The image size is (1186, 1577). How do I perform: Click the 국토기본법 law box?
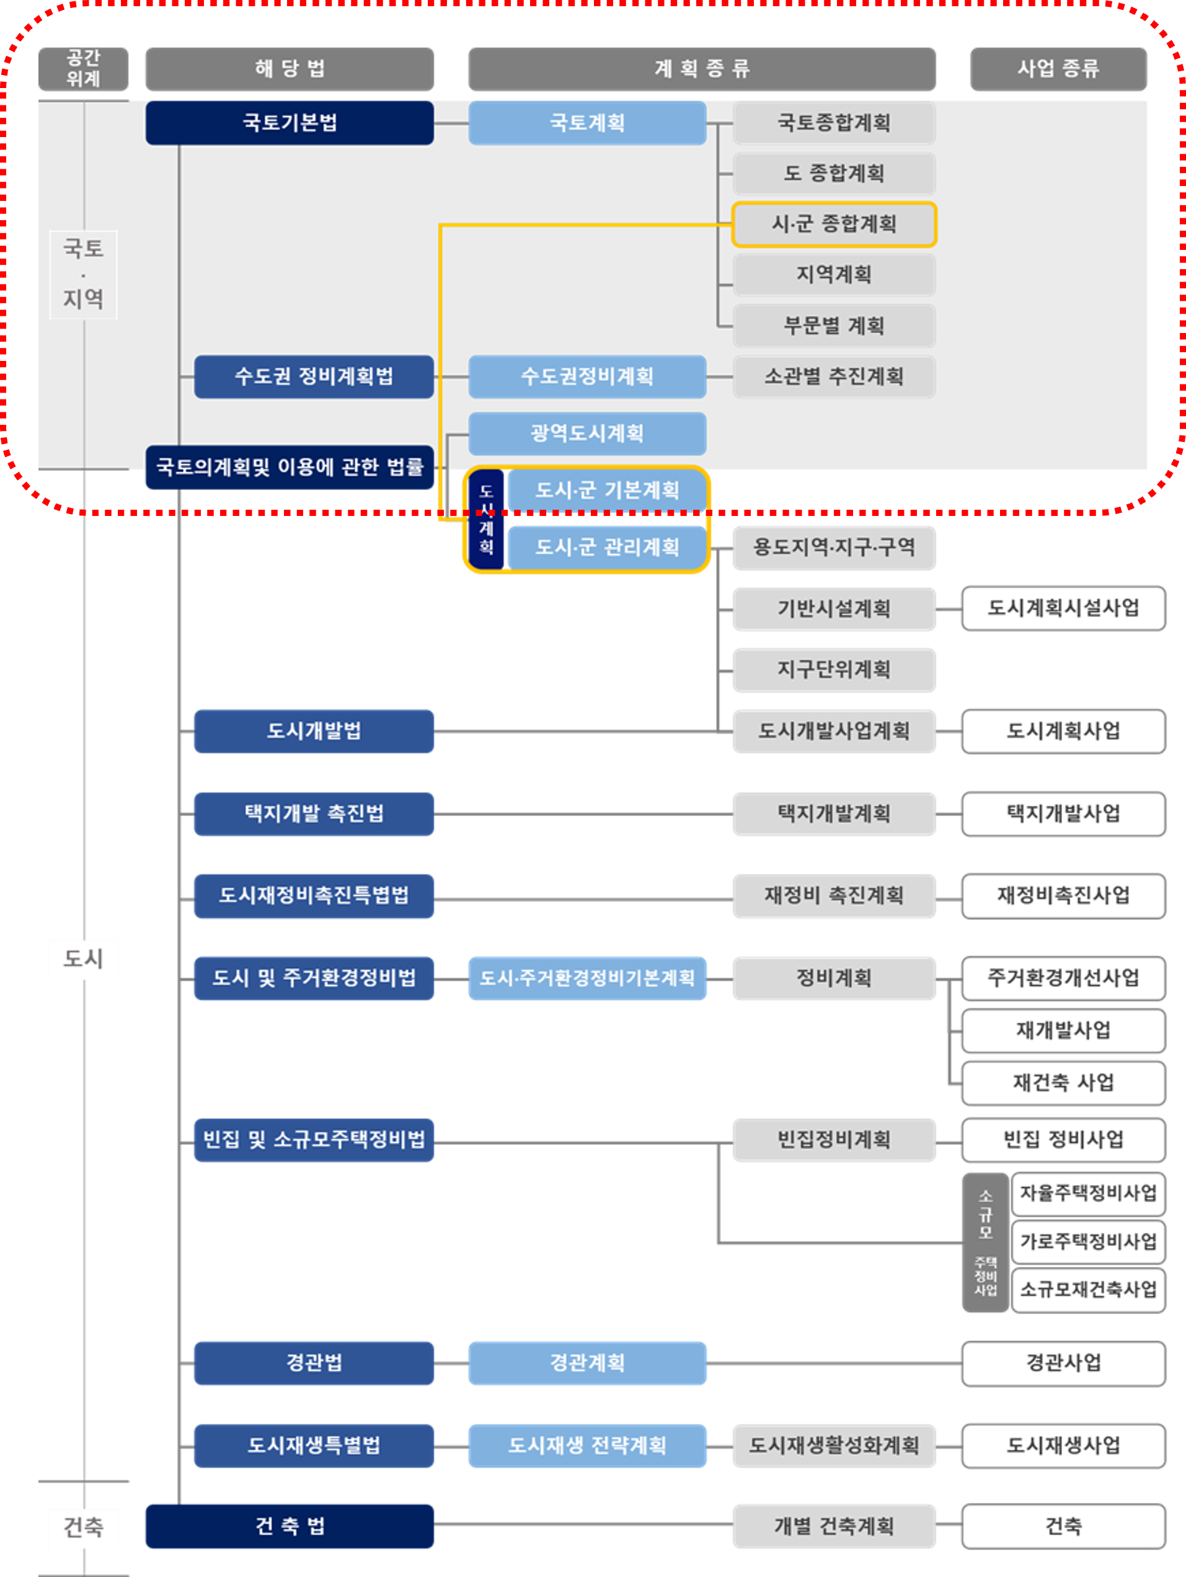pyautogui.click(x=290, y=123)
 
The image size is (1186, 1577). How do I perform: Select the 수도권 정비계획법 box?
pyautogui.click(x=314, y=376)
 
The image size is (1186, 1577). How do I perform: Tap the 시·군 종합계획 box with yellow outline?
pyautogui.click(x=834, y=224)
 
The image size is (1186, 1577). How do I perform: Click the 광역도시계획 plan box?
pyautogui.click(x=586, y=433)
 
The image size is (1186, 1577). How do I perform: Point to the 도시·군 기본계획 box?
pyautogui.click(x=606, y=491)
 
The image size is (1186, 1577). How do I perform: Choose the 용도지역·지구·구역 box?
pyautogui.click(x=834, y=548)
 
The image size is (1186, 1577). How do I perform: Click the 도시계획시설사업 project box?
pyautogui.click(x=1063, y=608)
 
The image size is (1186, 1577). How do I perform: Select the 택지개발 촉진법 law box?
pyautogui.click(x=314, y=814)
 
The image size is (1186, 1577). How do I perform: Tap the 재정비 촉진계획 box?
pyautogui.click(x=834, y=895)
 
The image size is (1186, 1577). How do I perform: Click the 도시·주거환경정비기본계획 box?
pyautogui.click(x=586, y=978)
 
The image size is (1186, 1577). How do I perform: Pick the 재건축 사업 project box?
pyautogui.click(x=1063, y=1083)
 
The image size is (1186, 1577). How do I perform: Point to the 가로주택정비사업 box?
pyautogui.click(x=1087, y=1242)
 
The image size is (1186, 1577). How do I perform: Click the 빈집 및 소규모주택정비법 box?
pyautogui.click(x=314, y=1140)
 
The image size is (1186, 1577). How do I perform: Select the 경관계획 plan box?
pyautogui.click(x=586, y=1363)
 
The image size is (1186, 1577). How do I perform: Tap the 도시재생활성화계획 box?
pyautogui.click(x=834, y=1446)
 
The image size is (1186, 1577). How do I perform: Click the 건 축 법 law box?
pyautogui.click(x=290, y=1526)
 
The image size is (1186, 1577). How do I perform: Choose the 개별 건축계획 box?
pyautogui.click(x=834, y=1526)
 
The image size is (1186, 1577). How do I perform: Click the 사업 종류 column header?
pyautogui.click(x=1058, y=68)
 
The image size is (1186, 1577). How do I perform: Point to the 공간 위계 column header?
pyautogui.click(x=84, y=68)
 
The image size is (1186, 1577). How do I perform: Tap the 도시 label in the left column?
pyautogui.click(x=84, y=959)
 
